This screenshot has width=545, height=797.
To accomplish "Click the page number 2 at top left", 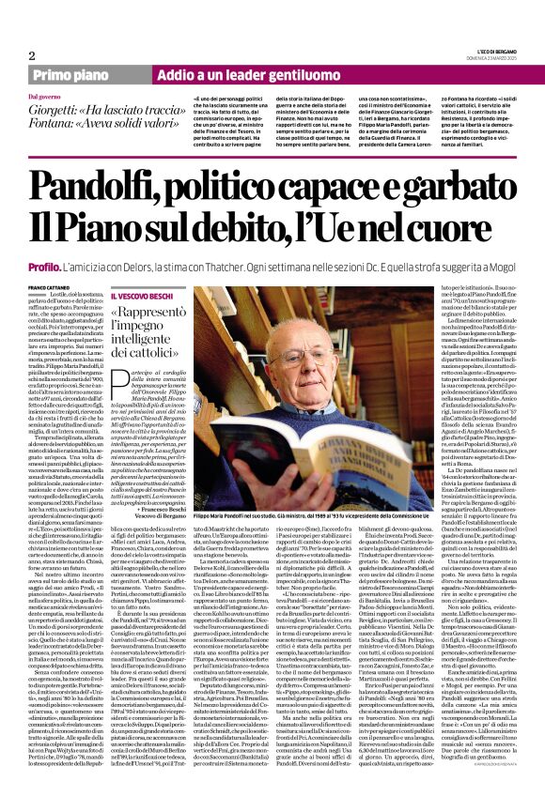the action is click(x=19, y=30).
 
